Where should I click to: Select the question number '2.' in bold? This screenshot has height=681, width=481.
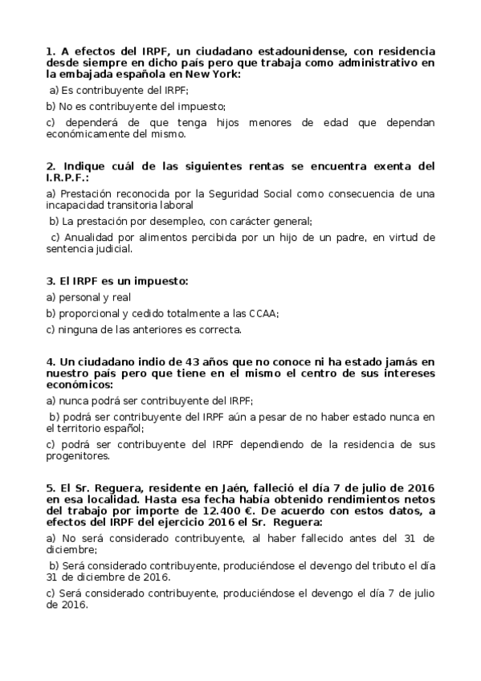pyautogui.click(x=51, y=166)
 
